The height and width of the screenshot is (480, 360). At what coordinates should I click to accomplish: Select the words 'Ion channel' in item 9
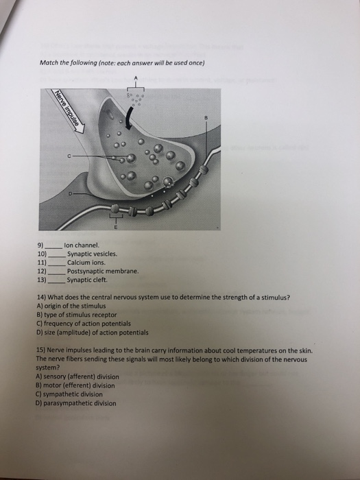[x=82, y=245]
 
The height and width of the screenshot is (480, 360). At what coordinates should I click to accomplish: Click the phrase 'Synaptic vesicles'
[x=92, y=254]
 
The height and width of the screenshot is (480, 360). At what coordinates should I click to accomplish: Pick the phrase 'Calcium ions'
[x=86, y=263]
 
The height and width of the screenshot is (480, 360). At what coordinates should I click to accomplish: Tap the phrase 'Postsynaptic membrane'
[x=103, y=272]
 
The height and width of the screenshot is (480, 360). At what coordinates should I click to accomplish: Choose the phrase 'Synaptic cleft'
[x=86, y=280]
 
